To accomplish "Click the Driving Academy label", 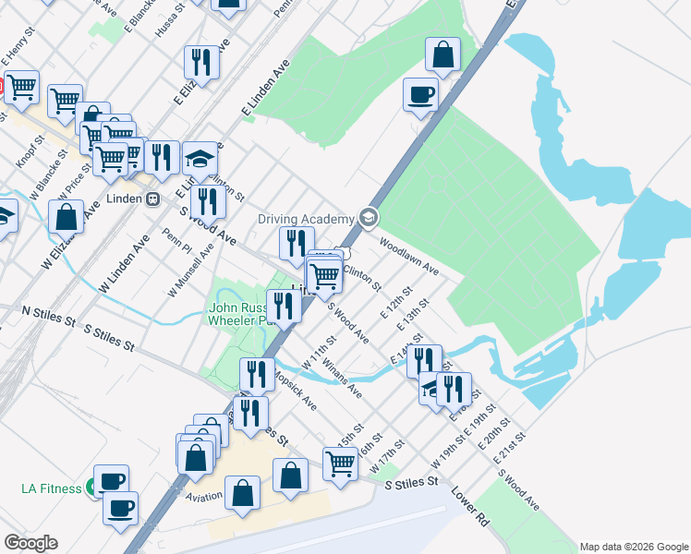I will [305, 219].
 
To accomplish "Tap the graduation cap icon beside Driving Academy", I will [369, 218].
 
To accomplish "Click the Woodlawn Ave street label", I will [408, 256].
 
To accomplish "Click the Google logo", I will [30, 543].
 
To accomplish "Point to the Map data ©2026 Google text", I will [634, 547].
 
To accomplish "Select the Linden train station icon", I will [153, 199].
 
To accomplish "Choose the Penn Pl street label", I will [176, 241].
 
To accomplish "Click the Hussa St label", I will [171, 18].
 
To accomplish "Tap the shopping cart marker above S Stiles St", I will [340, 464].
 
